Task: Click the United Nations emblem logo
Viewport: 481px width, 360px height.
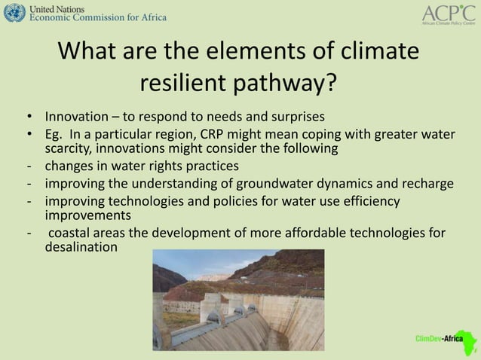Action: coord(14,12)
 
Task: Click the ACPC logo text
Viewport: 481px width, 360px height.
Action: coord(449,12)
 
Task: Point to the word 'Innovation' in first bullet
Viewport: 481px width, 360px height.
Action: coord(75,117)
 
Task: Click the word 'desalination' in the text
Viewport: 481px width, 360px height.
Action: coord(81,246)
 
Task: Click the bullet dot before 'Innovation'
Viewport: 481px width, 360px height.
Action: coord(28,117)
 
